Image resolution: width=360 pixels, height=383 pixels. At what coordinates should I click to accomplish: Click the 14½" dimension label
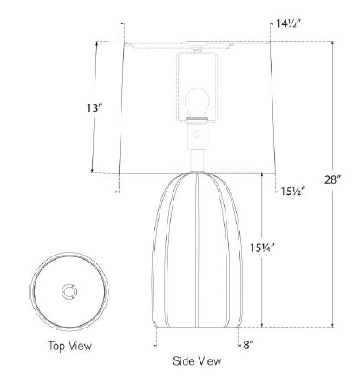(289, 23)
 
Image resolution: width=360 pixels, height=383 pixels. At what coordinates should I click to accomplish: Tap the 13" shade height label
(95, 108)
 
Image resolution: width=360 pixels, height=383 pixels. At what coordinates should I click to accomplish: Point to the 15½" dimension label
(293, 191)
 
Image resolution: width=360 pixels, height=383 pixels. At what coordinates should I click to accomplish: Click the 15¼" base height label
(263, 248)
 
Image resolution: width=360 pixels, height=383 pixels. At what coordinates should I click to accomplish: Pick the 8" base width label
(248, 345)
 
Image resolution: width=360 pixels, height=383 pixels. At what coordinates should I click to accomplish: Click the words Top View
(69, 346)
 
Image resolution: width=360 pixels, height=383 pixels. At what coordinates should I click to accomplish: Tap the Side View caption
(197, 361)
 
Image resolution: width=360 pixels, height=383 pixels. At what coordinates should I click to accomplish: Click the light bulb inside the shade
(197, 102)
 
